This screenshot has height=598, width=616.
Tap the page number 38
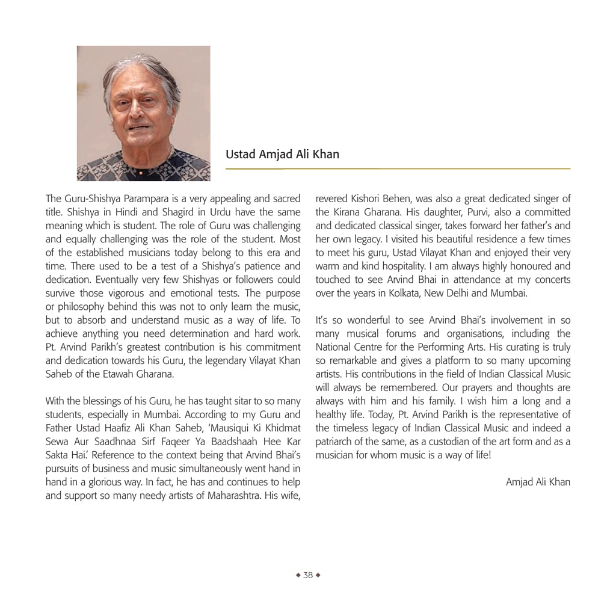308,575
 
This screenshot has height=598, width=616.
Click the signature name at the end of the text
538,482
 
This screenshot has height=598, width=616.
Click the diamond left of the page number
298,575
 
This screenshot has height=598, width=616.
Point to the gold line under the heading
398,169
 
